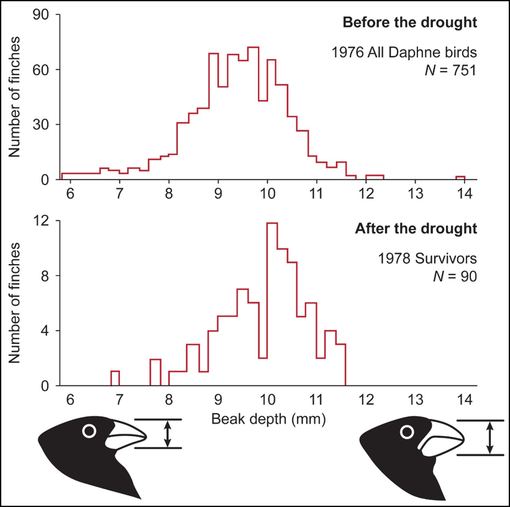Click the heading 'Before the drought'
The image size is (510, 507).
[410, 23]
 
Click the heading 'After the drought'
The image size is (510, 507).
[416, 228]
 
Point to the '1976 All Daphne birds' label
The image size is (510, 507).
[404, 52]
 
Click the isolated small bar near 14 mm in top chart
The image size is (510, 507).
[460, 178]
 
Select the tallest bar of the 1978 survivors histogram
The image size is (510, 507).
[271, 304]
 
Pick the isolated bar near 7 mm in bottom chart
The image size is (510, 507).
[115, 378]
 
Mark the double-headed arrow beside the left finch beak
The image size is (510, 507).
[166, 434]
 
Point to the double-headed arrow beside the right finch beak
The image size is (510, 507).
[490, 437]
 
